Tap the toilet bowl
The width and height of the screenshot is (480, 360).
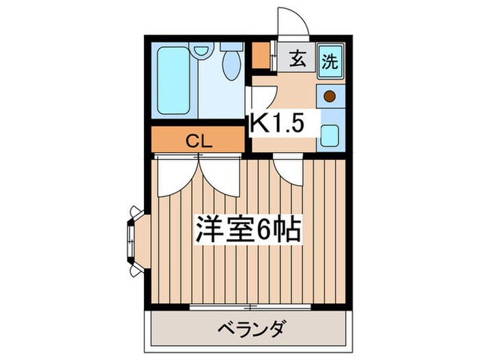tap(232, 66)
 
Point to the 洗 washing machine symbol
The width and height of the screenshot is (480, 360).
tap(330, 60)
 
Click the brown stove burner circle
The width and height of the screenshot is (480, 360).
tap(330, 97)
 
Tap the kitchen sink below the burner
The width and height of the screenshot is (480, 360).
tap(330, 134)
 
